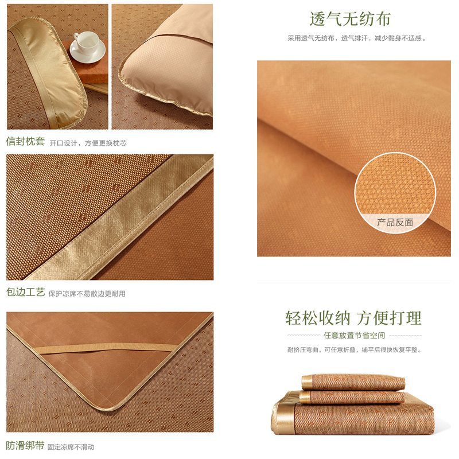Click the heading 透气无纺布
coord(350,20)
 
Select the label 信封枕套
coord(25,141)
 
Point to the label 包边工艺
coord(25,292)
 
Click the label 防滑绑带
coord(25,446)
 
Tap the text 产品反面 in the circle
coord(395,223)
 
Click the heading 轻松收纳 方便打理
coord(353,318)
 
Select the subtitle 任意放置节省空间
coord(354,336)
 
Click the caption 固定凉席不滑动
coord(71,447)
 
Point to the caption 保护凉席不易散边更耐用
coord(87,294)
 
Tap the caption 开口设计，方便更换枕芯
coord(88,143)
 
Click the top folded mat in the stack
coord(353,382)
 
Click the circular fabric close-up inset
coord(395,193)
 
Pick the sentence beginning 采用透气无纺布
coord(356,38)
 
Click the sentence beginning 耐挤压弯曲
coord(354,350)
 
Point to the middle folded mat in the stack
coord(352,397)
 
